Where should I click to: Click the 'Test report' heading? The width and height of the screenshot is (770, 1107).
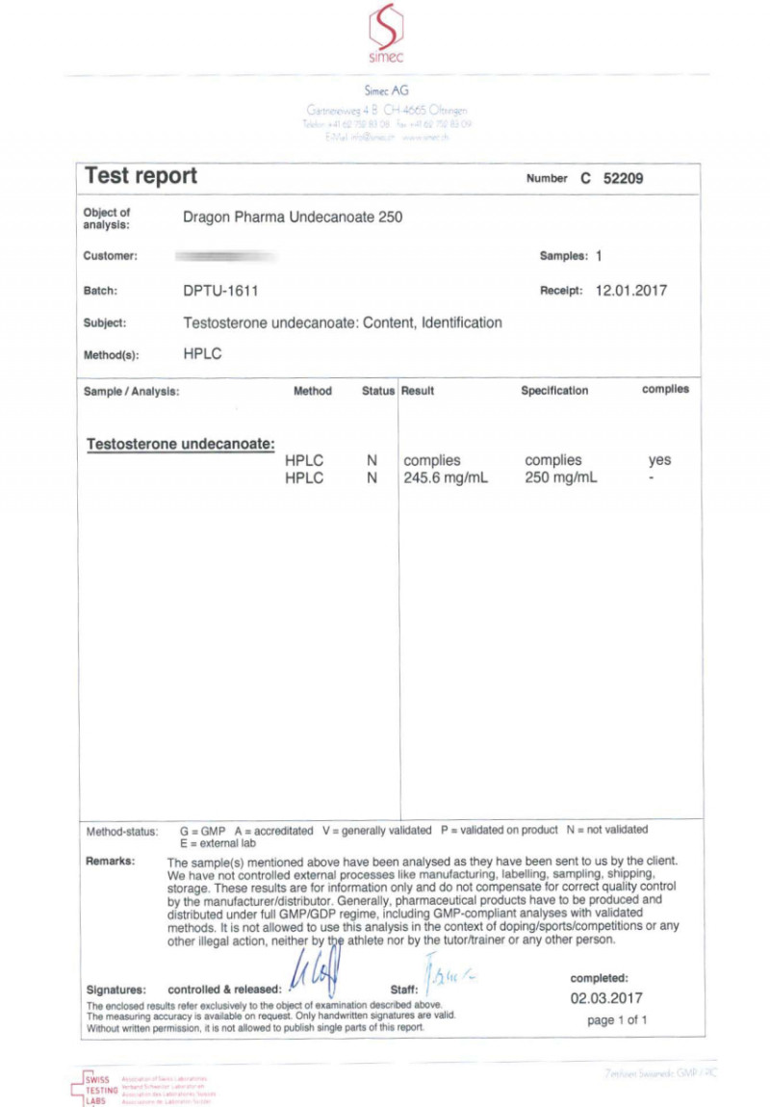click(141, 176)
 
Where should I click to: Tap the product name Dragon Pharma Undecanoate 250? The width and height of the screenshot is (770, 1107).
click(293, 217)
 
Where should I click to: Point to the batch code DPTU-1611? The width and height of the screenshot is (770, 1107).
click(220, 290)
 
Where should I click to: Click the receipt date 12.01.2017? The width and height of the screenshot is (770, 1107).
click(630, 290)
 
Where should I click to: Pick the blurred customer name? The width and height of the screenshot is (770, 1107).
click(227, 256)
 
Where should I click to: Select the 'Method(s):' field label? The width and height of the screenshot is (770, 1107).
click(112, 354)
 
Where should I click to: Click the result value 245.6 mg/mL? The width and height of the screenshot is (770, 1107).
click(446, 477)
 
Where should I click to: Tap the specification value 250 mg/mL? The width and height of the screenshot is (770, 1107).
click(561, 477)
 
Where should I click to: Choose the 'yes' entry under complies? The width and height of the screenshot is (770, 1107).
click(659, 460)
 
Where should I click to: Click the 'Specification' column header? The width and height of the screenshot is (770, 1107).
click(554, 391)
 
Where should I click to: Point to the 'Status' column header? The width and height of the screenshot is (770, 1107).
click(377, 391)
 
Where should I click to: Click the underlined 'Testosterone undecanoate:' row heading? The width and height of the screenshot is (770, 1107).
click(181, 444)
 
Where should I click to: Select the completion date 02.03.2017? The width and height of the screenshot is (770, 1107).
click(605, 998)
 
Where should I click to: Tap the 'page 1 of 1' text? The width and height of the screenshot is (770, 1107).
click(617, 1020)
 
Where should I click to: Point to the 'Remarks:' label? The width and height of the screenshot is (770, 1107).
click(111, 861)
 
